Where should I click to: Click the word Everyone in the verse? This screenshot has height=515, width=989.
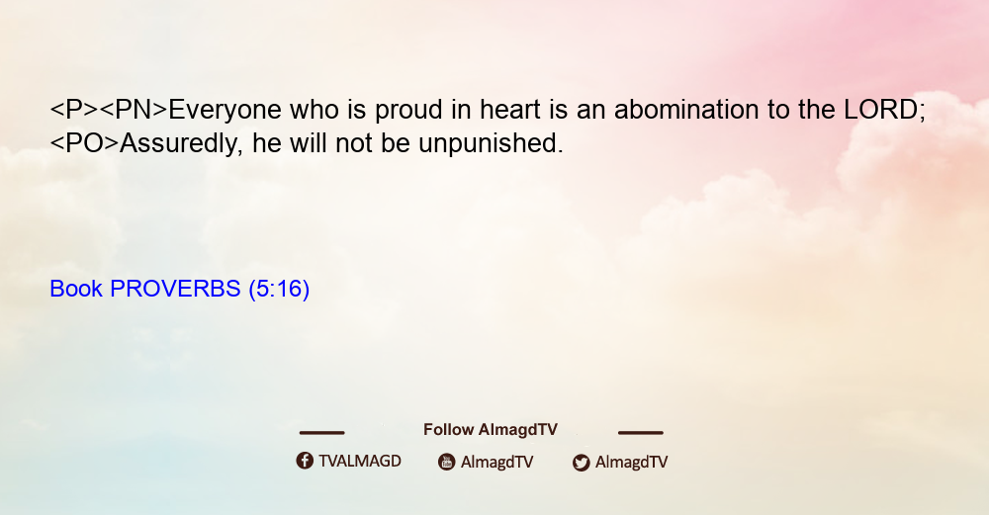[225, 111]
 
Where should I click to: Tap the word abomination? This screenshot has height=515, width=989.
[687, 110]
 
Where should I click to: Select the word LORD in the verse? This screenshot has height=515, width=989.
[882, 110]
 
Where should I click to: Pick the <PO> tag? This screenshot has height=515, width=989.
[84, 143]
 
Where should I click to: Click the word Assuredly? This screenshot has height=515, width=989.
[180, 144]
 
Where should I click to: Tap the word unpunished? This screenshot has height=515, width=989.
[491, 144]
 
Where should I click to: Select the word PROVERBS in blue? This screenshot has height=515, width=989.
[175, 289]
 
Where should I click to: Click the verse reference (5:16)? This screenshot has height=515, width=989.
[279, 290]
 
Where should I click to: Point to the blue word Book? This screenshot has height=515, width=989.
[76, 289]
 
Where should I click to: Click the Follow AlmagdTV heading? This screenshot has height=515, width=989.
[491, 430]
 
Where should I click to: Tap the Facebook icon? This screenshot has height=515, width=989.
[305, 461]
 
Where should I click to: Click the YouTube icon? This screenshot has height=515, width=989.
[447, 462]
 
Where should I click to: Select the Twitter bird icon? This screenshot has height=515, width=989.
[582, 463]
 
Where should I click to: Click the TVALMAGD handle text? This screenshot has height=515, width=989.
[360, 462]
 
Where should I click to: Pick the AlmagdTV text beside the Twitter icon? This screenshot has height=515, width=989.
[631, 463]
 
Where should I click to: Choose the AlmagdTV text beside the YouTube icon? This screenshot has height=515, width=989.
[497, 463]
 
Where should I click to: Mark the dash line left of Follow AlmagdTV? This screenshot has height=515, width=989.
[321, 433]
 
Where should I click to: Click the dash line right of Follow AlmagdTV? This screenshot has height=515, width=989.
[641, 433]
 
